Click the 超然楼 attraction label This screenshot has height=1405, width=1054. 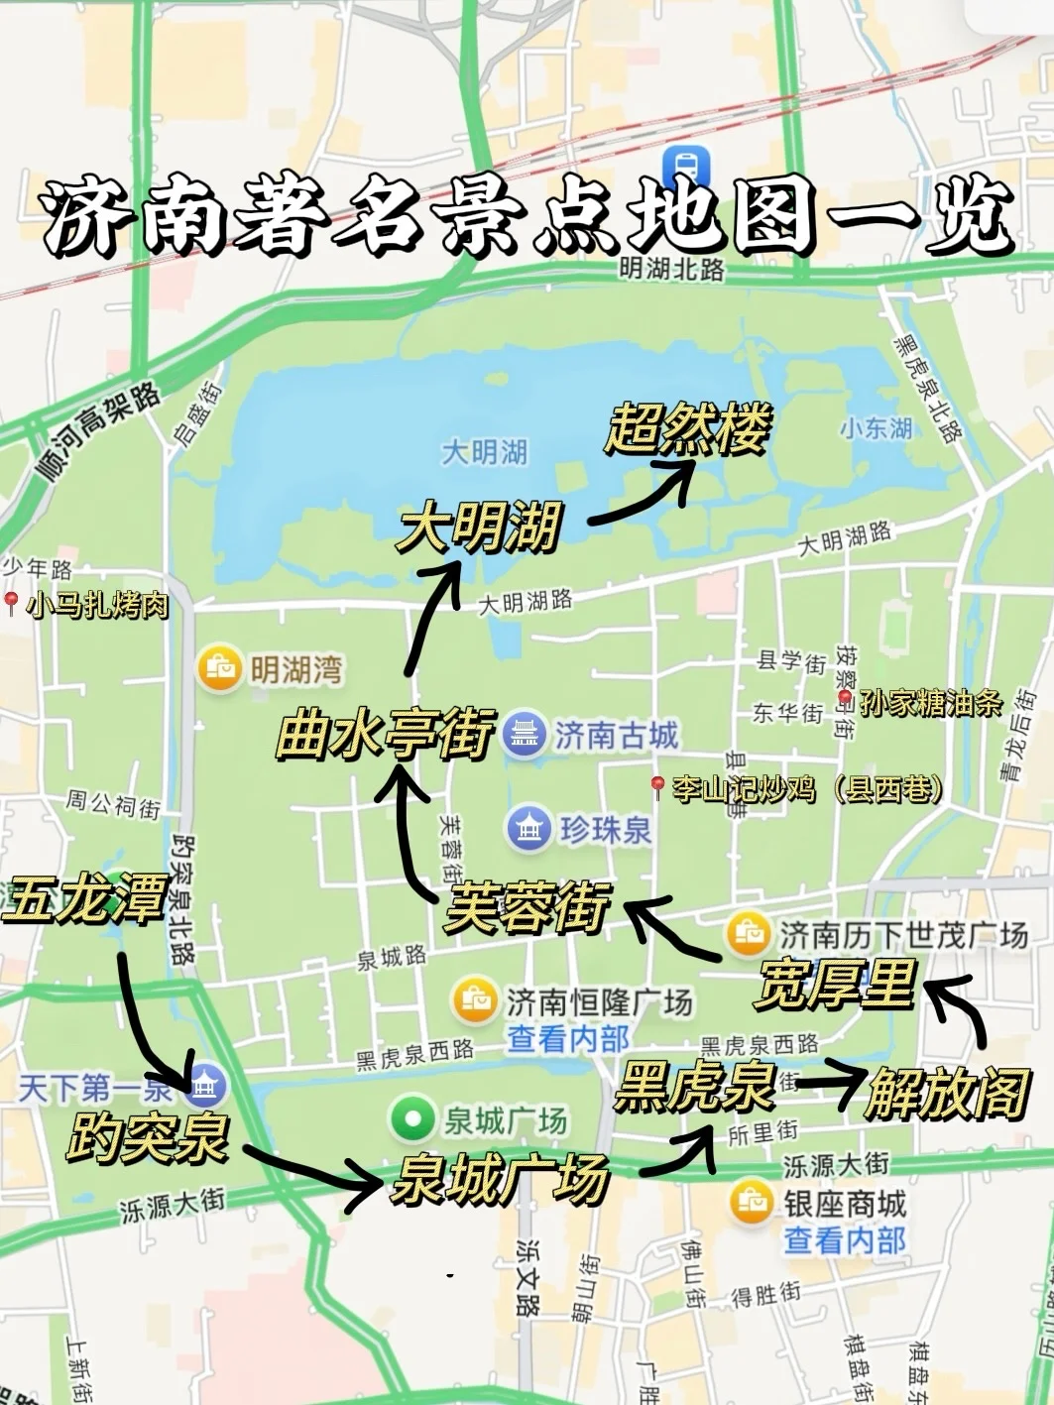[687, 430]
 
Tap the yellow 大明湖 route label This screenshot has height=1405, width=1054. [479, 527]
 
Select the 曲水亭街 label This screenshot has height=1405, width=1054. [384, 736]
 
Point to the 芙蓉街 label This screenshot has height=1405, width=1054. [527, 906]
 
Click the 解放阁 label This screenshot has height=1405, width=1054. [945, 1094]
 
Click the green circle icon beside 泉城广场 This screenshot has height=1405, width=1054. [412, 1119]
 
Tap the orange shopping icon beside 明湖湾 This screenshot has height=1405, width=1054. [219, 669]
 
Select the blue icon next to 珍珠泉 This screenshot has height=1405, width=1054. [528, 828]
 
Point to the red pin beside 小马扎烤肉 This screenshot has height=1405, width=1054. [12, 602]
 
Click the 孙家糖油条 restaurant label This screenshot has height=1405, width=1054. [929, 703]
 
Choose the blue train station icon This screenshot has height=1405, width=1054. [683, 165]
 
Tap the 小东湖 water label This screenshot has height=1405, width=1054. [876, 428]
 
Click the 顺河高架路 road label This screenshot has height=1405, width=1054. [99, 433]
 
